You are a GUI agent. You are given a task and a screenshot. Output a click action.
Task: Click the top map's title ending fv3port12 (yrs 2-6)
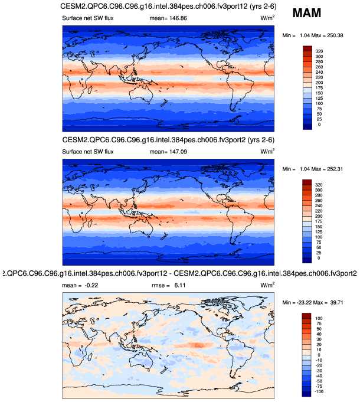[169, 6]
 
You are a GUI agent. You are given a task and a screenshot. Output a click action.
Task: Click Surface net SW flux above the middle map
[88, 151]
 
